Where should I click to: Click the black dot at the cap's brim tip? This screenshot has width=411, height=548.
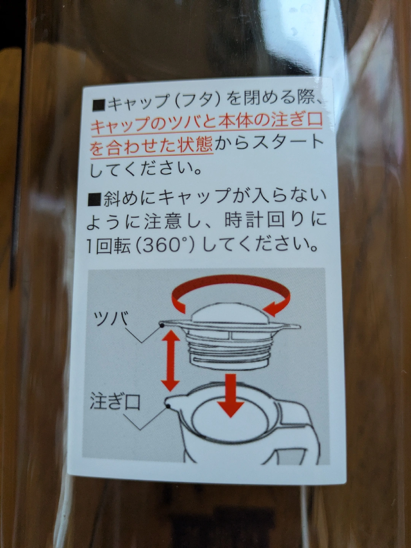[x=162, y=325]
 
